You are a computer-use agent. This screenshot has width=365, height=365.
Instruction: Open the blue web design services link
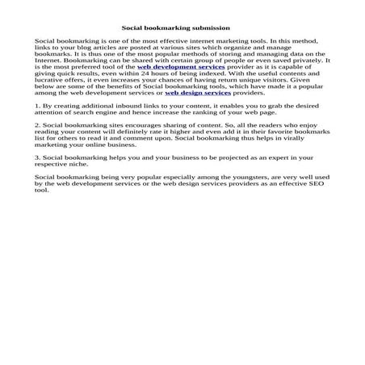pyautogui.click(x=198, y=93)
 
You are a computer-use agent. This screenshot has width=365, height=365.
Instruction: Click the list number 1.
pyautogui.click(x=38, y=105)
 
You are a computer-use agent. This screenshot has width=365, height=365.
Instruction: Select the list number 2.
pyautogui.click(x=38, y=127)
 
